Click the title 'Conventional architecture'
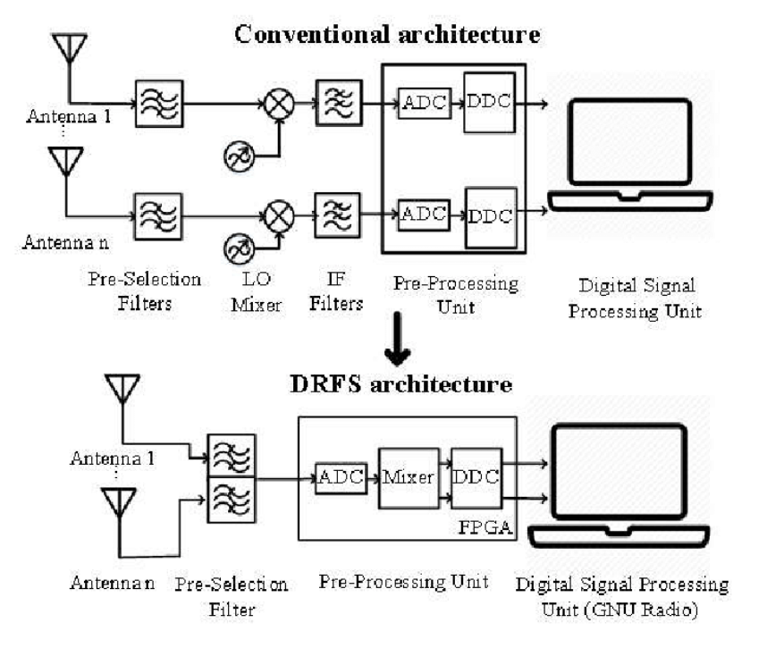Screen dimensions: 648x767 coord(387,35)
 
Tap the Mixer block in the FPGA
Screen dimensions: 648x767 coord(408,477)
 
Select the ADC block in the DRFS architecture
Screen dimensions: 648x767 coord(340,477)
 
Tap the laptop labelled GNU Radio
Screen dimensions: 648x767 coord(618,483)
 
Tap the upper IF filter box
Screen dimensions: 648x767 coord(339,106)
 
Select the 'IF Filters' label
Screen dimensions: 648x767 coord(336,292)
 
